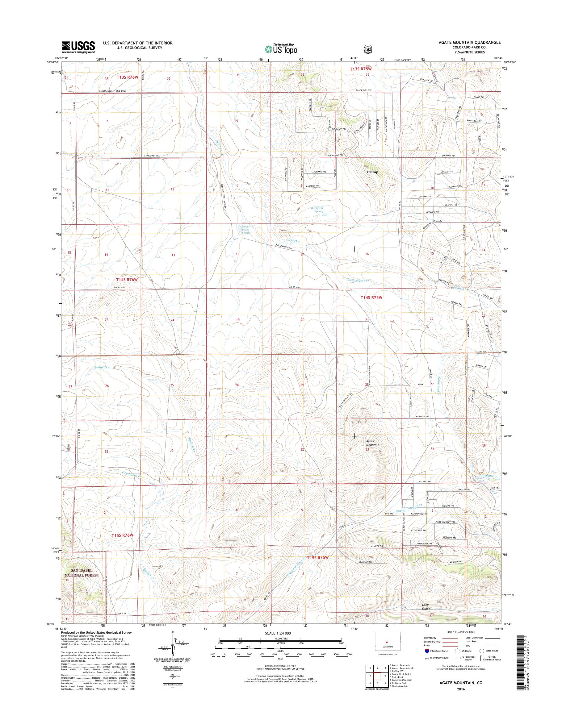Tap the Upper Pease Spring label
tap(246, 230)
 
